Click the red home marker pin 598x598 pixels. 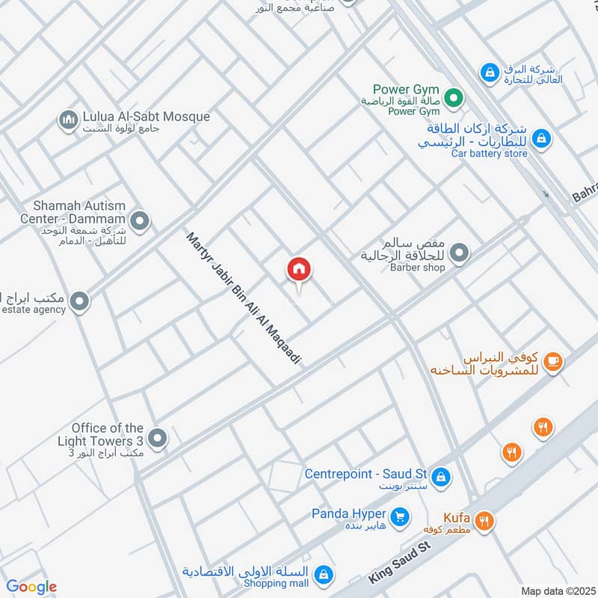[299, 270]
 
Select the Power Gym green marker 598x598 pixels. [452, 98]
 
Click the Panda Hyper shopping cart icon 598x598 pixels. [400, 516]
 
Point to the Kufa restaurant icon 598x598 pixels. [484, 521]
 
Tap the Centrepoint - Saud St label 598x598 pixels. [366, 474]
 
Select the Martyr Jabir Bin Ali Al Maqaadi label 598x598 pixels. [243, 298]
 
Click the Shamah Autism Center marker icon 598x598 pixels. [139, 221]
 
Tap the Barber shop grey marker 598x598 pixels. [460, 254]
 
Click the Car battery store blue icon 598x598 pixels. [542, 138]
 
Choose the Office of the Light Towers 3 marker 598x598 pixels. [157, 439]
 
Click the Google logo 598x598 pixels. [31, 588]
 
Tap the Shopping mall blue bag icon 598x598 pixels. [324, 575]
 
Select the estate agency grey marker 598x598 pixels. [78, 302]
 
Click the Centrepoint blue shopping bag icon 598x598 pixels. [441, 475]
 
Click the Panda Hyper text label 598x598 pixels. [349, 514]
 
